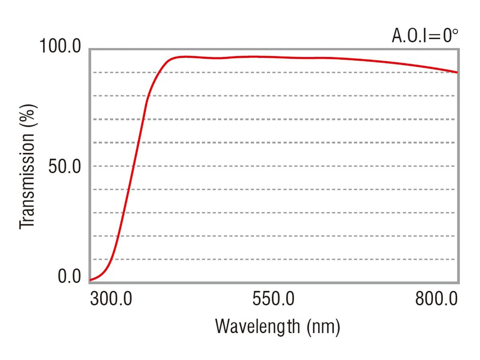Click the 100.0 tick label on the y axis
pos(60,46)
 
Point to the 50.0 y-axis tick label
pos(65,166)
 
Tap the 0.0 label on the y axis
pos(69,276)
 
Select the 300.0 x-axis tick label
pos(111,298)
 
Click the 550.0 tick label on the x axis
pos(273,298)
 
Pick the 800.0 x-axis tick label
pos(436,298)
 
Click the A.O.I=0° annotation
pos(425,36)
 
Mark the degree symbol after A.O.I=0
pos(454,32)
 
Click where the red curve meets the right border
pos(458,72)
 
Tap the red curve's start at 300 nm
pos(90,280)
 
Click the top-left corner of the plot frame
pos(90,49)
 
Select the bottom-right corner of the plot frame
pos(458,283)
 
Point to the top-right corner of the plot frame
pos(458,49)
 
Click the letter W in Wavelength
pos(223,326)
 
